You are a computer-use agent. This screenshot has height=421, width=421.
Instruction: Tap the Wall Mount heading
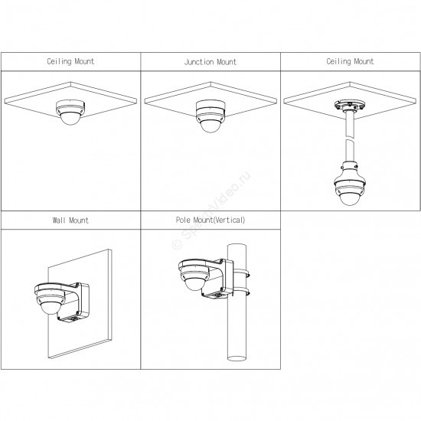70,220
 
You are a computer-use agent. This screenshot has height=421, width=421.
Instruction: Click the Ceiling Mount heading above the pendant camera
350,61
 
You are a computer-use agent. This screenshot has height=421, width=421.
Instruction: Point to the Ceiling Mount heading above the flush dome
70,61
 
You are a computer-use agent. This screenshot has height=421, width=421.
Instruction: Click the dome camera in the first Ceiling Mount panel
70,113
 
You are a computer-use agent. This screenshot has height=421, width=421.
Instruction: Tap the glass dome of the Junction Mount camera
210,126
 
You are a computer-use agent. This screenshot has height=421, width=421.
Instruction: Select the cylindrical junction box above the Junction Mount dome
210,106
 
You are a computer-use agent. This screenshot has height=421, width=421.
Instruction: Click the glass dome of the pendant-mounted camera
349,199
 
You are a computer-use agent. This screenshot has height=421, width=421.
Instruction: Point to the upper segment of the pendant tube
349,123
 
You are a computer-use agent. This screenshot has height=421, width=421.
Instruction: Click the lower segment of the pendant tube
349,151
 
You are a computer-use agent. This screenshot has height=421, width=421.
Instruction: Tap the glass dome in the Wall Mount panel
50,308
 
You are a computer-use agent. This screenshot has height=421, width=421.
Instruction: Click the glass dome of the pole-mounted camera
194,284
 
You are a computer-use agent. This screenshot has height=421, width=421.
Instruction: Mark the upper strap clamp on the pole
240,274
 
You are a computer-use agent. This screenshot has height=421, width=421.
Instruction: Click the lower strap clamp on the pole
240,292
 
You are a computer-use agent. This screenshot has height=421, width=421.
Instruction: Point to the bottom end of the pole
237,358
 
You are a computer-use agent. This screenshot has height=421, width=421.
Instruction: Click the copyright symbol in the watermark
177,244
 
